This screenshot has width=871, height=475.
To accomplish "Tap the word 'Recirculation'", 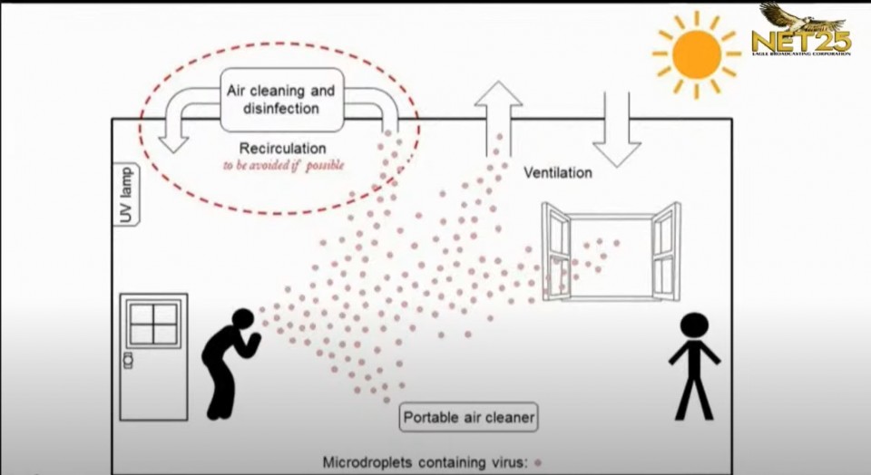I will (282, 148).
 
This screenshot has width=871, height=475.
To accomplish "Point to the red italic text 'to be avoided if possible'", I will (284, 166).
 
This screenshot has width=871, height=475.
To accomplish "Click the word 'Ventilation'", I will (558, 172).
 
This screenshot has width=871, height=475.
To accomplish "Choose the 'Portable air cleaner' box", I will (469, 418).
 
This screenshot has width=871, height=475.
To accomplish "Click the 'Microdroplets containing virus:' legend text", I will (425, 462).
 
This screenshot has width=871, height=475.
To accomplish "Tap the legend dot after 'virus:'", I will (538, 462).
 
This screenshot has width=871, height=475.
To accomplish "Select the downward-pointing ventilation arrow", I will (617, 127).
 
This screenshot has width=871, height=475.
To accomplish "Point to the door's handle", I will (128, 361).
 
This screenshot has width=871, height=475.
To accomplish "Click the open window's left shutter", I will (555, 250).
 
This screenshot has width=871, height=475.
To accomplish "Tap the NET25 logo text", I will (800, 40).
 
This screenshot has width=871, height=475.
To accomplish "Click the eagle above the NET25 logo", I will (789, 15).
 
